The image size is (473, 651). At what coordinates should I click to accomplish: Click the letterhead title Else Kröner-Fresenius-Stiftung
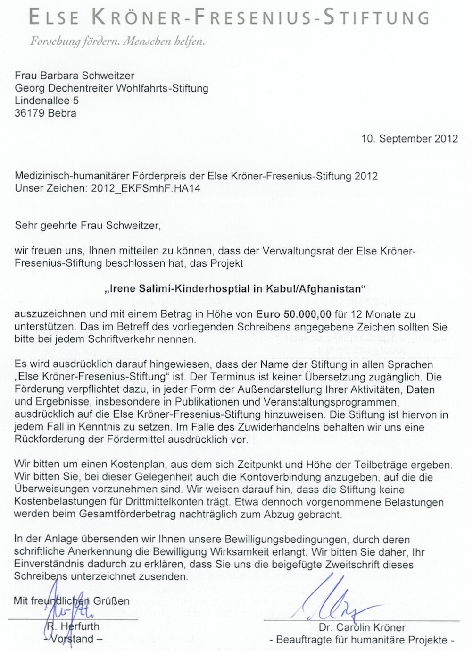pyautogui.click(x=229, y=17)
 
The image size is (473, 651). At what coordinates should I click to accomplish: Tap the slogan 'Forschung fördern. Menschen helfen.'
pyautogui.click(x=117, y=42)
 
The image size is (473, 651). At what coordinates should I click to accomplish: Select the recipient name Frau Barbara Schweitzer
pyautogui.click(x=75, y=76)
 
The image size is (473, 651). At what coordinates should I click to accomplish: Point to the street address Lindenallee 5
pyautogui.click(x=47, y=101)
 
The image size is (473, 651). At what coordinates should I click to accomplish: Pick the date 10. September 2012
pyautogui.click(x=410, y=139)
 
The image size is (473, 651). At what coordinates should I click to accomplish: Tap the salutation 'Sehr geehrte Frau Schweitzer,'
pyautogui.click(x=88, y=226)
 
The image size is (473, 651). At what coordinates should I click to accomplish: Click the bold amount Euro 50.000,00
pyautogui.click(x=293, y=314)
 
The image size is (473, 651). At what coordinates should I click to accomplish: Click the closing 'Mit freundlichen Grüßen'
pyautogui.click(x=72, y=601)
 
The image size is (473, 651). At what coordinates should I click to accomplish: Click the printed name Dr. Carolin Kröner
pyautogui.click(x=362, y=627)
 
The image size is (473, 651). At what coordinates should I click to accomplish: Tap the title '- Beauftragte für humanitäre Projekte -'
pyautogui.click(x=362, y=640)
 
